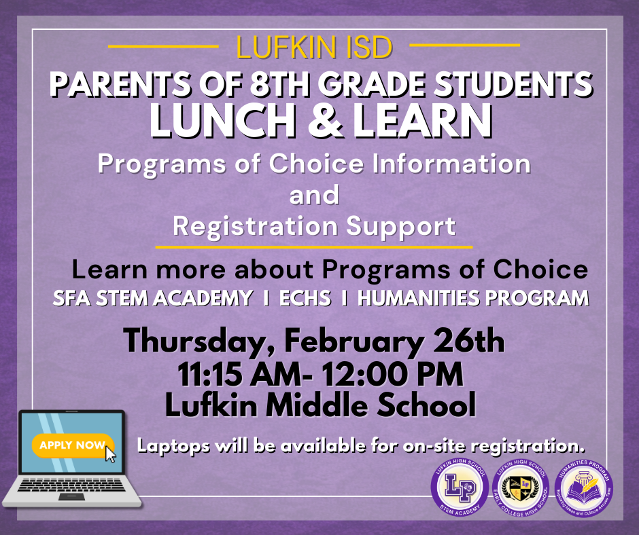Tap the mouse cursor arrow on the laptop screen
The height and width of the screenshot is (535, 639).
coord(110,454)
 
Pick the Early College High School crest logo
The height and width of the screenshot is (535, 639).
coord(520,487)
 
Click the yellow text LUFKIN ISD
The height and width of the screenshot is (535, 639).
coord(314,48)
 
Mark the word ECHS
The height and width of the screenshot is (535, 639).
coord(305,298)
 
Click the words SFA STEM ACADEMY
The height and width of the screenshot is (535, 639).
coord(152,298)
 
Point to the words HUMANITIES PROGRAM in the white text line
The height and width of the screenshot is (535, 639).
coord(473,298)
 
